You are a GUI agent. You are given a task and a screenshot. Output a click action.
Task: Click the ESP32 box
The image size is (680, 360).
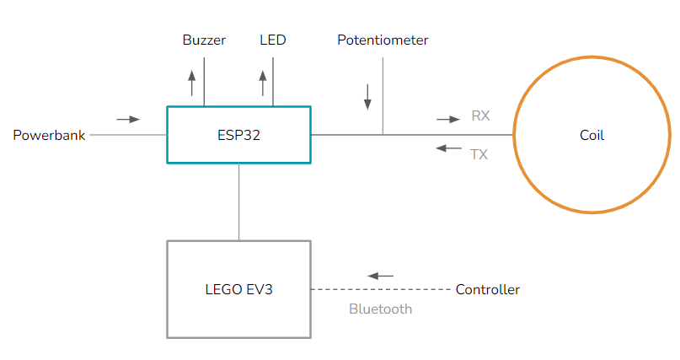click(238, 134)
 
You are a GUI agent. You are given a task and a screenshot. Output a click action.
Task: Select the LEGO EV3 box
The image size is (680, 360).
click(238, 289)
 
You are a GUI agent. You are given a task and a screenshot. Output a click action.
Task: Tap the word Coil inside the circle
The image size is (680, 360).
click(592, 135)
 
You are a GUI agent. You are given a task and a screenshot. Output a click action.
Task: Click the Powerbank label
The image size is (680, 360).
click(49, 135)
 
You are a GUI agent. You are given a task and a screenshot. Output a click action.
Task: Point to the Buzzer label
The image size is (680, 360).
click(204, 40)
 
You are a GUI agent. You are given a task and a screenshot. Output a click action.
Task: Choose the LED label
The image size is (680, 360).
click(273, 40)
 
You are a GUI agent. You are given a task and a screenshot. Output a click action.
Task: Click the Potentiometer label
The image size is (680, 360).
click(383, 40)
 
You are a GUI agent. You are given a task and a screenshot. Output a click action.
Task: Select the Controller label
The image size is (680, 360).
click(487, 290)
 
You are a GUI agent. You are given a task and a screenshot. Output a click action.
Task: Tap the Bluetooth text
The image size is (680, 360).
click(380, 309)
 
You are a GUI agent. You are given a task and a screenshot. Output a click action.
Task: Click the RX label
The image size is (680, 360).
click(480, 116)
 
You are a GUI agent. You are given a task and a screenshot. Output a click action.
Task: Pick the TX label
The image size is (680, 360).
click(479, 154)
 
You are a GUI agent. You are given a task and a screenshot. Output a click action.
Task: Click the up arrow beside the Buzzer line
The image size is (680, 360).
click(191, 83)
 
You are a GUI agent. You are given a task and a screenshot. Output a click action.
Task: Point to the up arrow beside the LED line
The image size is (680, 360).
click(263, 83)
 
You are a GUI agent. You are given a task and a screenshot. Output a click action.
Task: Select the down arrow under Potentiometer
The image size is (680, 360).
click(367, 96)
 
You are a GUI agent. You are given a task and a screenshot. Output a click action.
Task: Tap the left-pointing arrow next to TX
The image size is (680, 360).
click(448, 148)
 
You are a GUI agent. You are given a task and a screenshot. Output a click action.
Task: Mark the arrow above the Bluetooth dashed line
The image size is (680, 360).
click(381, 276)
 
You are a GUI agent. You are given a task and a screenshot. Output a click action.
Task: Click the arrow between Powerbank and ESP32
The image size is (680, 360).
click(128, 120)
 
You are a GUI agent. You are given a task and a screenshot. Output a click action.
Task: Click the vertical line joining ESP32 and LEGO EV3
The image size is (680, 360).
click(239, 201)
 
